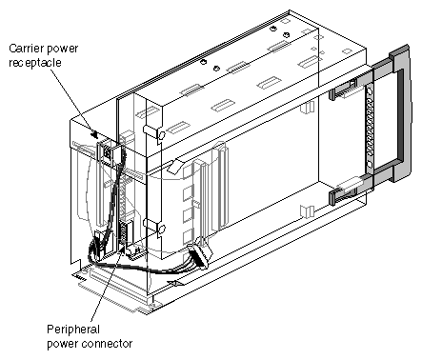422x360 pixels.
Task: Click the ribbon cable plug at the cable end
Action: coord(198,255)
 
